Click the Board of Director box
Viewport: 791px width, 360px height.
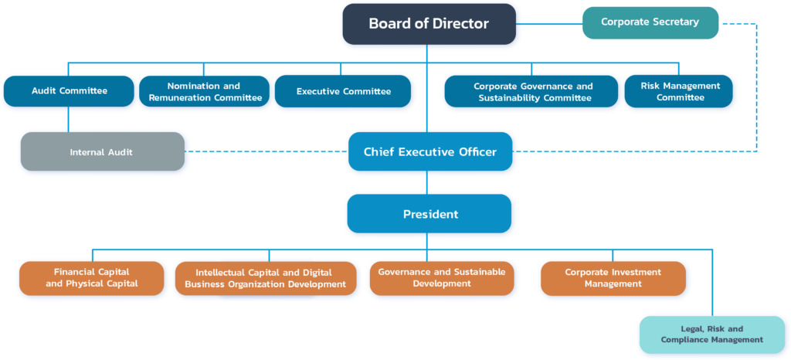click(x=429, y=24)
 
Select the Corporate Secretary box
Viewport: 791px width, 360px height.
click(x=650, y=22)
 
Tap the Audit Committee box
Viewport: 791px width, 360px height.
click(x=69, y=91)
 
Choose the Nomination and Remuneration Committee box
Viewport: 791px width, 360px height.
click(x=205, y=92)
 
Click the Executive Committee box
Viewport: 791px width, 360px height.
click(x=343, y=91)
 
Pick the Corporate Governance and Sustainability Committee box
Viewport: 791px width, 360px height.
click(x=533, y=92)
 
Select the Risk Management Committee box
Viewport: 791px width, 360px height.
click(x=680, y=91)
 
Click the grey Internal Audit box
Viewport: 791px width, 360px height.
click(x=101, y=152)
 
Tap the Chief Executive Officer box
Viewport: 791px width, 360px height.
click(x=429, y=151)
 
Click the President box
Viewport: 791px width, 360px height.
click(x=429, y=214)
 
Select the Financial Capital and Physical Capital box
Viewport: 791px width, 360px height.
click(x=91, y=278)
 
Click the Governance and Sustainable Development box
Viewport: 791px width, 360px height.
click(x=441, y=278)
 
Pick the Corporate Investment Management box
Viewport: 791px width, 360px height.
click(x=613, y=278)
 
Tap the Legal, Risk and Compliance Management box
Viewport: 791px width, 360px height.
click(x=711, y=335)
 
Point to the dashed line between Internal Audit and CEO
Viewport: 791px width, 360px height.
click(x=266, y=152)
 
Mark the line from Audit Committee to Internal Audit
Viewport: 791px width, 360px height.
click(x=69, y=119)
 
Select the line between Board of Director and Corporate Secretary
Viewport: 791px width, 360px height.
click(x=548, y=24)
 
